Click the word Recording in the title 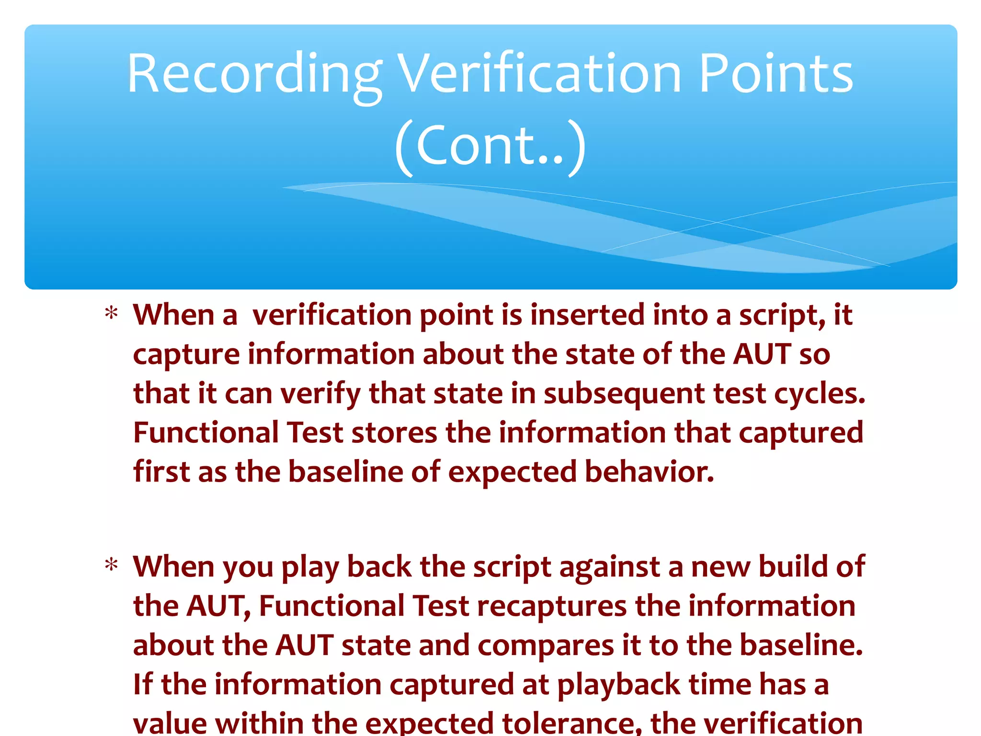pyautogui.click(x=254, y=74)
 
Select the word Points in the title pyautogui.click(x=776, y=74)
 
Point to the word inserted pyautogui.click(x=587, y=315)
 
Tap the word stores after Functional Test pyautogui.click(x=394, y=433)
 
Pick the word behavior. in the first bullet pyautogui.click(x=649, y=472)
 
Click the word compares pyautogui.click(x=546, y=646)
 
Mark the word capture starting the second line pyautogui.click(x=186, y=355)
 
